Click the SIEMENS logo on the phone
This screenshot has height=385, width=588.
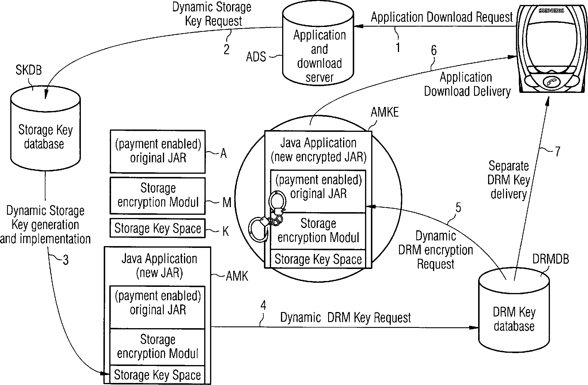click(551, 11)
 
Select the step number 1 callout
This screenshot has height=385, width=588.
click(398, 47)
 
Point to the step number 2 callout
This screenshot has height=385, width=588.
click(226, 49)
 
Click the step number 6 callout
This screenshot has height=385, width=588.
click(434, 51)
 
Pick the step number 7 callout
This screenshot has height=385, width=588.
click(558, 151)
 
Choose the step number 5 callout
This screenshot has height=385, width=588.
click(458, 207)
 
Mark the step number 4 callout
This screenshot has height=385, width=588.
click(263, 306)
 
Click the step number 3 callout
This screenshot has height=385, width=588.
click(66, 260)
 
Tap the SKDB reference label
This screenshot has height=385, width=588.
click(29, 70)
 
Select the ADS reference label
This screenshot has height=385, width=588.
click(256, 57)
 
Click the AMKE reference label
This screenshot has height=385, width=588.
click(385, 112)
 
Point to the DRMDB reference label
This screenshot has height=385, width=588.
click(550, 259)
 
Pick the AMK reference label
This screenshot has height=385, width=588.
click(237, 276)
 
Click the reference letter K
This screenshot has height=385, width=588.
click(225, 231)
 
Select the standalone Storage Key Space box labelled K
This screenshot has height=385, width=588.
click(157, 228)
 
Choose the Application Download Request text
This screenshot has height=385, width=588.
click(442, 17)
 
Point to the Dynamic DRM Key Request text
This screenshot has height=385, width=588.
click(345, 318)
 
